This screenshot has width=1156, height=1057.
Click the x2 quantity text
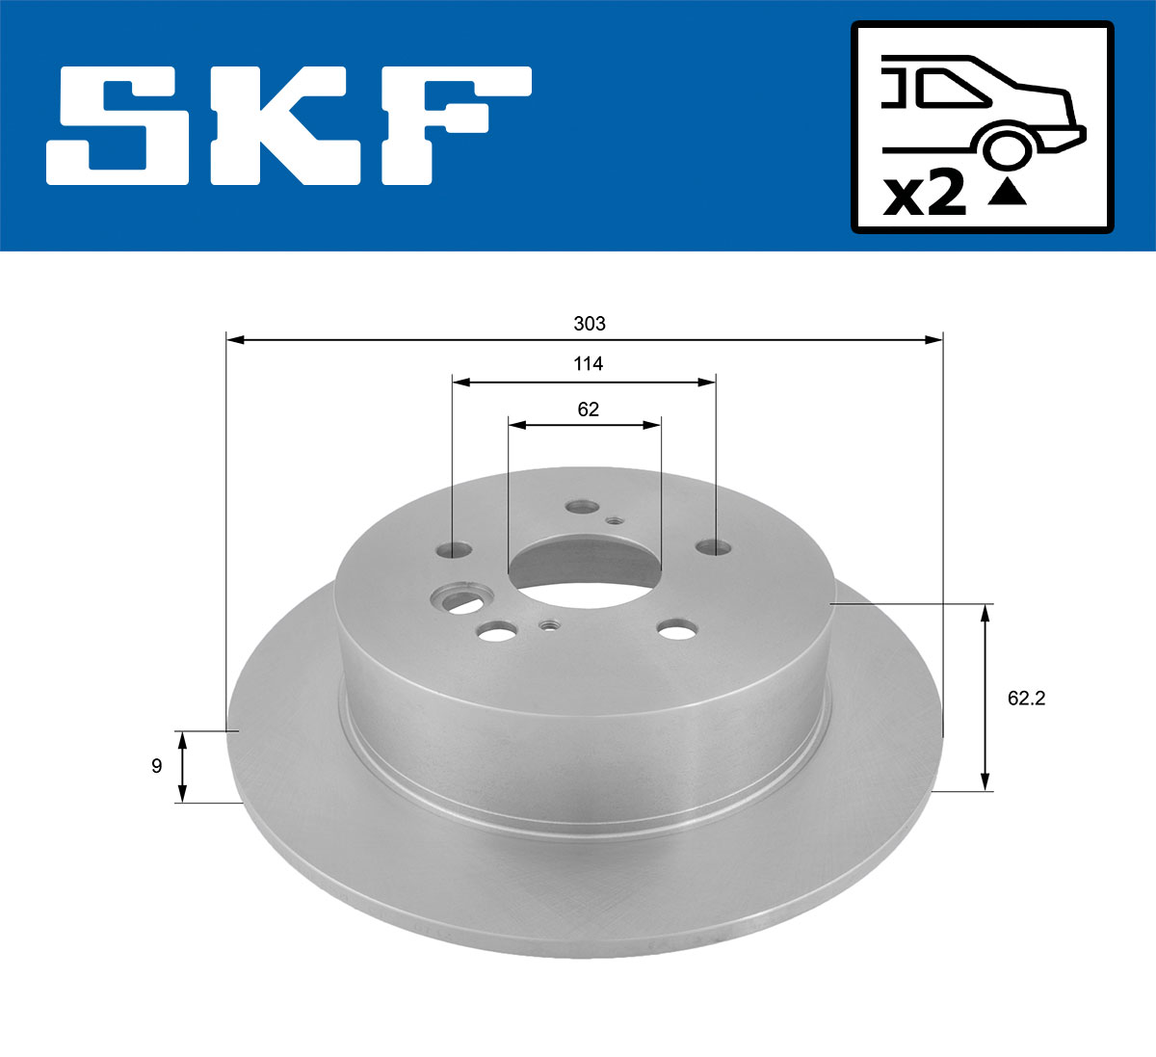point(925,196)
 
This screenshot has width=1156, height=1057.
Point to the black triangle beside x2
point(1007,194)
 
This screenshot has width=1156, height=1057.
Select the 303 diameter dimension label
point(589,324)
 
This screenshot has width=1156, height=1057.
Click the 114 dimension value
point(588,364)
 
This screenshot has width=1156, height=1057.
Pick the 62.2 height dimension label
point(1026,699)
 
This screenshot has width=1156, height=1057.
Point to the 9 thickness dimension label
point(156,767)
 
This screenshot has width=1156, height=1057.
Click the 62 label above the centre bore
point(588,410)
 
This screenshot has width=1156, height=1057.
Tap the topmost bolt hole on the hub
point(581,507)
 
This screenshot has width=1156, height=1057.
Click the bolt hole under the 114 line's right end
point(715,547)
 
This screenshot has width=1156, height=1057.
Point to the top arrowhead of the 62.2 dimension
point(985,613)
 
